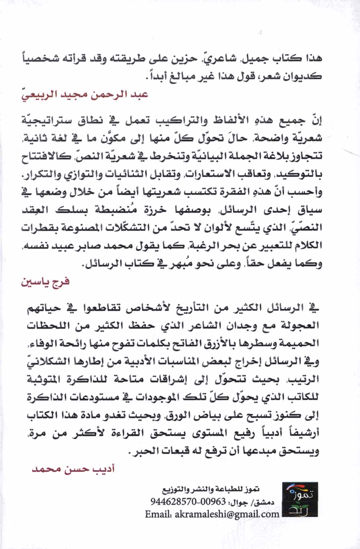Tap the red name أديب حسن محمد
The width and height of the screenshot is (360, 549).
click(73, 469)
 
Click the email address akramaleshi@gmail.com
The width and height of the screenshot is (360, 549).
click(227, 514)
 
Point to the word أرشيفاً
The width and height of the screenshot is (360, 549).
click(302, 433)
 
